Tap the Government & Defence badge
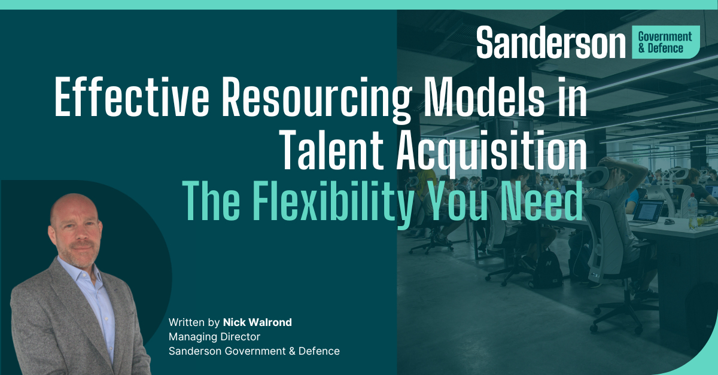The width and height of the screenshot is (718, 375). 665,42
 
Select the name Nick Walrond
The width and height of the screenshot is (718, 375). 257,322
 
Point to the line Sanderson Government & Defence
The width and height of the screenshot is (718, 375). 254,351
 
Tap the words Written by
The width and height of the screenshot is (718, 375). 194,322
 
